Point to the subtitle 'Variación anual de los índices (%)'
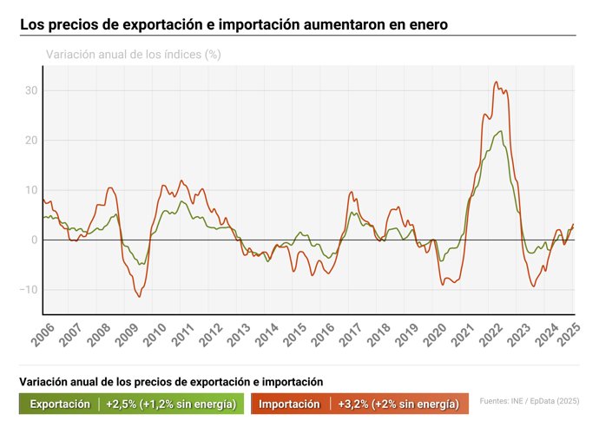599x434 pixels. point(133,54)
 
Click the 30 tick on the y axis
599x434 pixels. point(31,90)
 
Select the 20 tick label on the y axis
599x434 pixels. point(31,140)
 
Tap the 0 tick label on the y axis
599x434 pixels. point(35,240)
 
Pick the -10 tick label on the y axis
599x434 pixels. point(29,289)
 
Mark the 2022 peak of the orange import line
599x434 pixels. point(496,82)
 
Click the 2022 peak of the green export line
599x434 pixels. point(500,131)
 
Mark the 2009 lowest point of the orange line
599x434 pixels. point(139,297)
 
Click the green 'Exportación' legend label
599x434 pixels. point(60,404)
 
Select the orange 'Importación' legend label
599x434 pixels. point(289,404)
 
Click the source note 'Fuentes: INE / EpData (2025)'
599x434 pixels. point(529,401)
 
